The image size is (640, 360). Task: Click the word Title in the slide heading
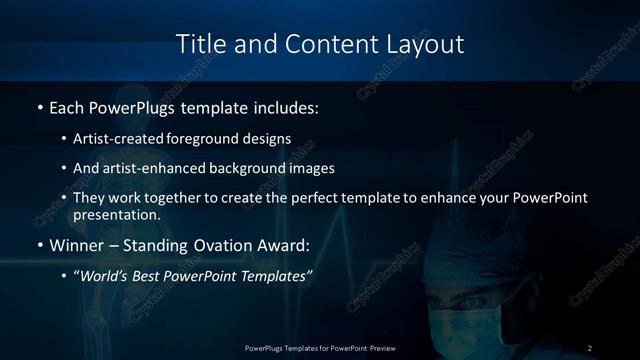point(199,44)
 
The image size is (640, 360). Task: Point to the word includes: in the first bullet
point(289,105)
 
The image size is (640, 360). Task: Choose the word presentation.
point(116,214)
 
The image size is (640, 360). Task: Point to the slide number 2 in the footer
point(590,347)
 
